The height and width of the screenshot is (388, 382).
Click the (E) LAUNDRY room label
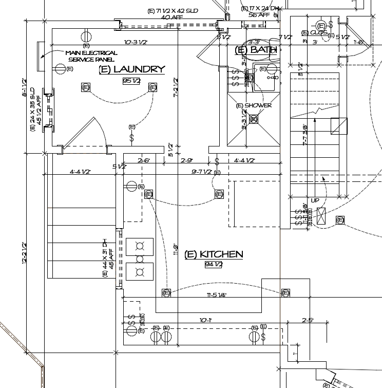tap(132, 69)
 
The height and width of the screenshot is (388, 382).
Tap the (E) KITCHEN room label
tap(214, 254)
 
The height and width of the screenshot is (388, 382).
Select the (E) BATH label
tap(256, 50)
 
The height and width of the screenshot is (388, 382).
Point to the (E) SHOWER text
tap(254, 105)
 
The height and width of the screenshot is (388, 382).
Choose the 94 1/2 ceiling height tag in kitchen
tap(214, 265)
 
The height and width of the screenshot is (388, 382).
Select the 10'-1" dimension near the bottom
tap(205, 320)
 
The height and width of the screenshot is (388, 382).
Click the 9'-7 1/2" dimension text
tap(202, 172)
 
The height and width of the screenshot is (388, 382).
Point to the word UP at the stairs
tap(315, 200)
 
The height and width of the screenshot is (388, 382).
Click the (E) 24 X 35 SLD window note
tap(35, 109)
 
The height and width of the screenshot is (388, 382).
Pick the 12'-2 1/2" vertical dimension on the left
tap(24, 253)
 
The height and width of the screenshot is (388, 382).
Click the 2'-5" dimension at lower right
tap(308, 320)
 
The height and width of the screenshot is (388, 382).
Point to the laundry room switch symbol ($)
tap(132, 138)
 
